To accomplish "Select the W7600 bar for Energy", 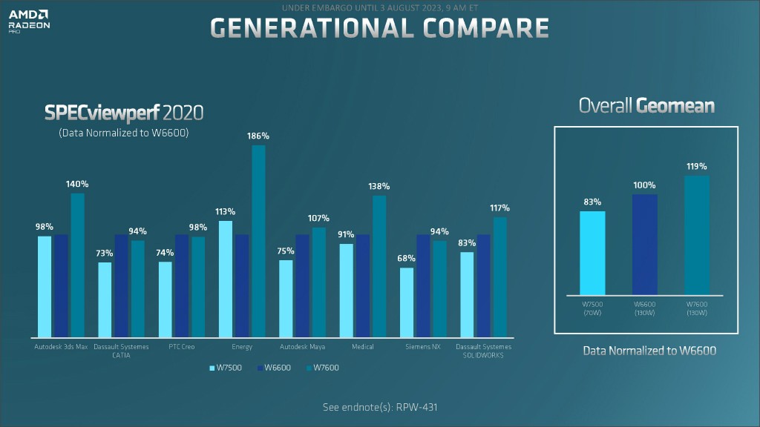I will point(258,241).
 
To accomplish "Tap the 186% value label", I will point(259,136).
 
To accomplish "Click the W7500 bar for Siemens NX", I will point(406,302).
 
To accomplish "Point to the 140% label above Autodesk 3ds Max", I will point(78,184).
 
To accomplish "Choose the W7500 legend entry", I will point(226,368).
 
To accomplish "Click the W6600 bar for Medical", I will point(363,285).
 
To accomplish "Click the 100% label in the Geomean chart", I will point(644,185).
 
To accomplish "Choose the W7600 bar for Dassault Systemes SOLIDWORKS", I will point(499,277).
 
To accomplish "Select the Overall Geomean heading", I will point(646,106).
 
